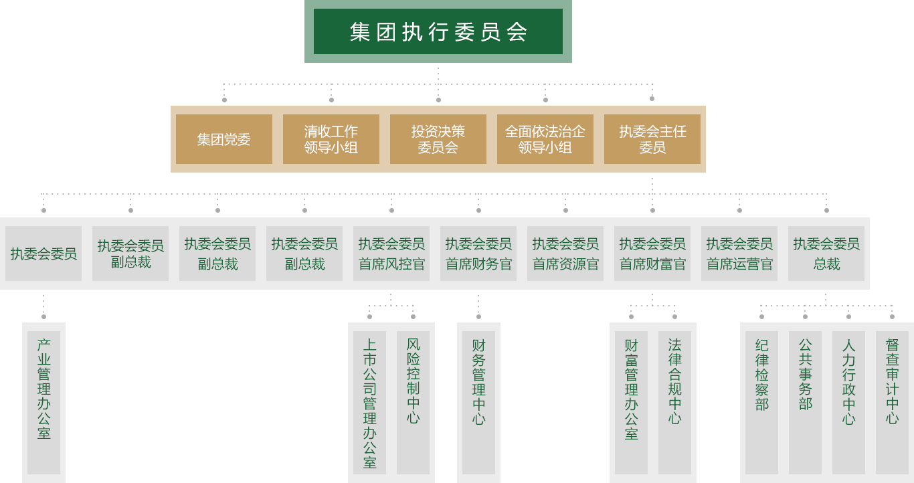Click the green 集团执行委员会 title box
(x=438, y=31)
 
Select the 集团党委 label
(x=223, y=139)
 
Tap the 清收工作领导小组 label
(x=331, y=139)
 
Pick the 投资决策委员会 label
(x=438, y=139)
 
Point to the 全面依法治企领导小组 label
(x=545, y=139)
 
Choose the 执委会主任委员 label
(x=652, y=139)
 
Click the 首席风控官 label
(x=391, y=254)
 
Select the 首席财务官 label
(x=478, y=254)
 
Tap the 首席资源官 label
(x=565, y=254)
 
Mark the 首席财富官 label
(x=652, y=254)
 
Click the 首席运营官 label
(x=739, y=254)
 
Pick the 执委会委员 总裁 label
(x=826, y=254)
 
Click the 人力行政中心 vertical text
(x=848, y=382)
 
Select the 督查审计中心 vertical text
(x=892, y=381)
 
